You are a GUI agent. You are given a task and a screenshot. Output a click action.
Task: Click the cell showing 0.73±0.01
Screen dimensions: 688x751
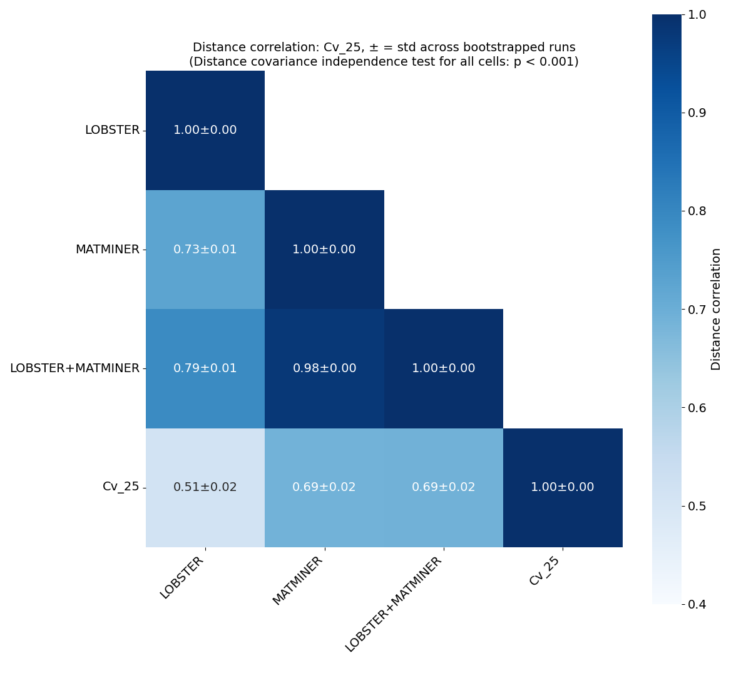click(x=205, y=250)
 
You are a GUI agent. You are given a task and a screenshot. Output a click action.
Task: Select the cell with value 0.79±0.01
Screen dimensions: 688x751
click(x=205, y=368)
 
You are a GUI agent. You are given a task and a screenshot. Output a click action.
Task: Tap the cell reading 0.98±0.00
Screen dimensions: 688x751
click(x=324, y=368)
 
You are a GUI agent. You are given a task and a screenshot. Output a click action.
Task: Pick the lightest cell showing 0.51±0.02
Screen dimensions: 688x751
click(x=205, y=487)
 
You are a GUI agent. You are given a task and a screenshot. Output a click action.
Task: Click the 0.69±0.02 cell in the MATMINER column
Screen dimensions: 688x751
click(x=324, y=487)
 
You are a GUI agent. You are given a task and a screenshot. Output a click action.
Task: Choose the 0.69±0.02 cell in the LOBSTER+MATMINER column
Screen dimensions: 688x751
click(x=443, y=487)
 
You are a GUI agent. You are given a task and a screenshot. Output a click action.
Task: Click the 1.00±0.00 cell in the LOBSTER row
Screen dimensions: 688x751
click(x=205, y=130)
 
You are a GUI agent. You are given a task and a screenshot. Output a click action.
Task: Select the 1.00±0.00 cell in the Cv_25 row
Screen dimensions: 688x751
click(x=562, y=487)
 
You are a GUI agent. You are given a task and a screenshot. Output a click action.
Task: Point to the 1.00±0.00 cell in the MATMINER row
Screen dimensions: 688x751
click(x=324, y=250)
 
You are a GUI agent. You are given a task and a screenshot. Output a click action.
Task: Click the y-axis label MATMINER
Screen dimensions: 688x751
click(x=107, y=250)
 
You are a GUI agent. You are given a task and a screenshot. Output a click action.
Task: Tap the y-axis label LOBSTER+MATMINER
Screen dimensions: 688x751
click(x=74, y=368)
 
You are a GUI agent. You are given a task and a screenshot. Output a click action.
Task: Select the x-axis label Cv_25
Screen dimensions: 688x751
click(x=544, y=571)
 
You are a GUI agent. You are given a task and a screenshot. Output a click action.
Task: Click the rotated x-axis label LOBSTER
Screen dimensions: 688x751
click(x=182, y=577)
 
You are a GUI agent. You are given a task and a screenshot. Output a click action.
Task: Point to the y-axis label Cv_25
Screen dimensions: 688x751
click(x=121, y=487)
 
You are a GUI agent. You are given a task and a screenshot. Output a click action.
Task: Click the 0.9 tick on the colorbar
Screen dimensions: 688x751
click(x=697, y=113)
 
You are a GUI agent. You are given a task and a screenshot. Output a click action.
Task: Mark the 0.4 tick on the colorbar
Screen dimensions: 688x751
click(x=697, y=604)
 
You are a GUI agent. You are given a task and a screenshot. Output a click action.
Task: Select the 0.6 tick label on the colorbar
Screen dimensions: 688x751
click(x=697, y=408)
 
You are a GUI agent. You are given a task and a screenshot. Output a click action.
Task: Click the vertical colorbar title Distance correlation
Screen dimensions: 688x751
click(x=716, y=309)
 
